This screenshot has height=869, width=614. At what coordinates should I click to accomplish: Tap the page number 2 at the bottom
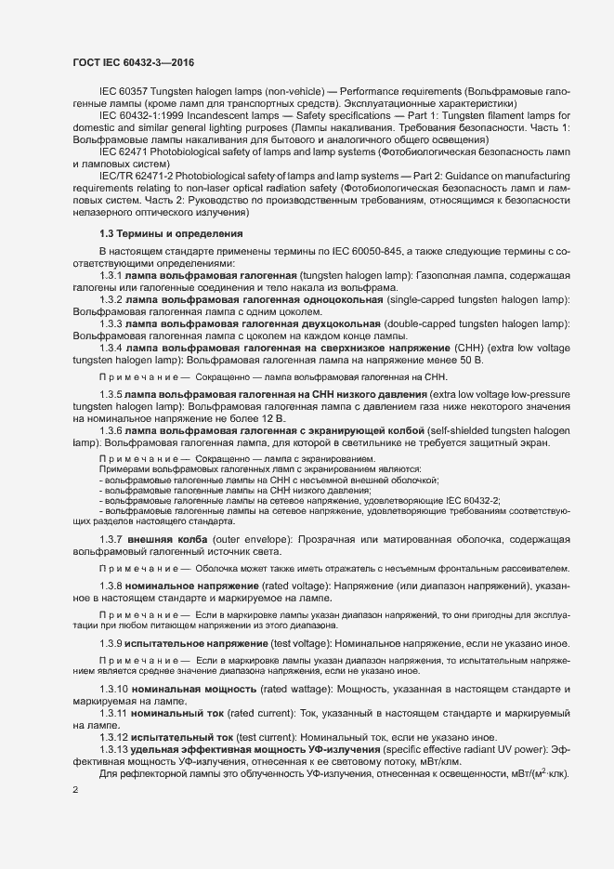(75, 789)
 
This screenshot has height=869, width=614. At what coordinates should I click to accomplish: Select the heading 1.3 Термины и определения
(171, 232)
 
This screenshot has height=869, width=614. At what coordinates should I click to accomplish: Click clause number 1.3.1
(110, 276)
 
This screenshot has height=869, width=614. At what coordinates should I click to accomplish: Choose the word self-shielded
(465, 432)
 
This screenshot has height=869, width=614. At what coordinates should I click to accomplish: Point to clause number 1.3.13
(112, 748)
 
